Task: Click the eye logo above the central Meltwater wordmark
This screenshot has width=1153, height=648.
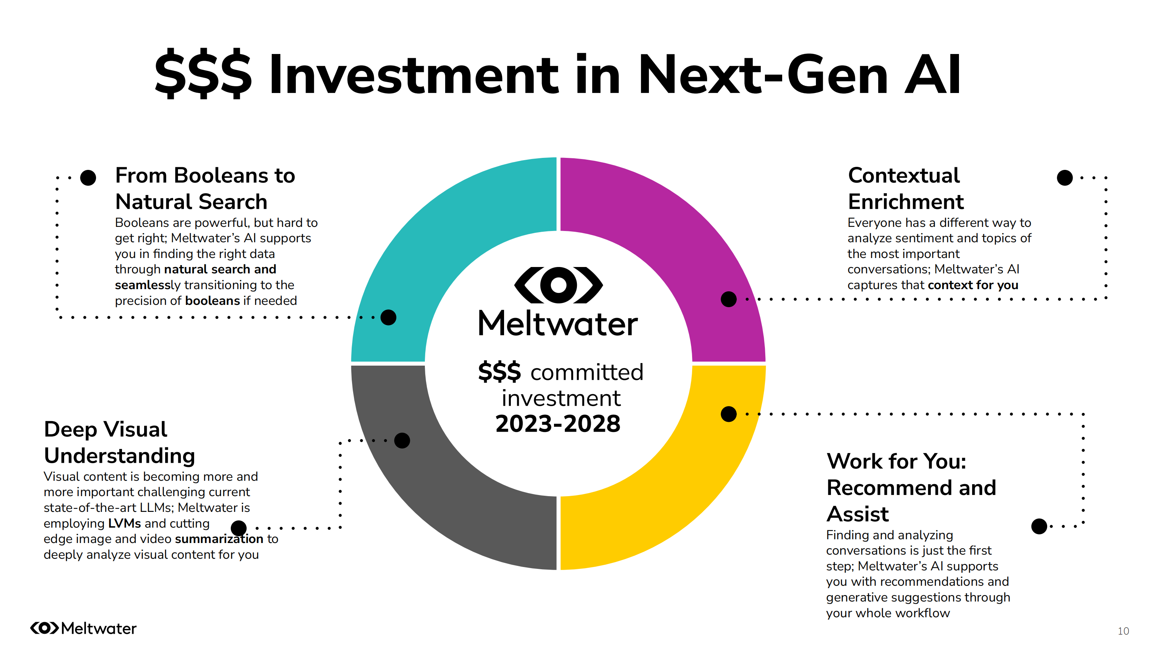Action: tap(558, 285)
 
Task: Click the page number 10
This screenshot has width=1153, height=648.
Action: tap(1123, 631)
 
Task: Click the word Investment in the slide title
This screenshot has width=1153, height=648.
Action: tap(414, 75)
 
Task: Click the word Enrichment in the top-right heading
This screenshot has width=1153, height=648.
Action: tap(906, 202)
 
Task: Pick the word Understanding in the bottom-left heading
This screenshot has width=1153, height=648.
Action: tap(119, 456)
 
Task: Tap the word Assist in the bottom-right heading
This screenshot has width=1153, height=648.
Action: tap(857, 514)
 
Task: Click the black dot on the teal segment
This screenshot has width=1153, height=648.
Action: tap(388, 318)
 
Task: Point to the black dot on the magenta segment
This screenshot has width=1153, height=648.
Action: tap(728, 299)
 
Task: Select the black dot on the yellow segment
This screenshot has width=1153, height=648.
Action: tap(728, 414)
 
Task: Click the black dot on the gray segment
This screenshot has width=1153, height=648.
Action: tap(402, 441)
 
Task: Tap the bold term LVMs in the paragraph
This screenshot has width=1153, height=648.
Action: tap(125, 523)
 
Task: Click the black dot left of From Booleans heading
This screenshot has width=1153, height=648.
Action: tap(88, 177)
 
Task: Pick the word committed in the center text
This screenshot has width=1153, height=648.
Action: tap(586, 372)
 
